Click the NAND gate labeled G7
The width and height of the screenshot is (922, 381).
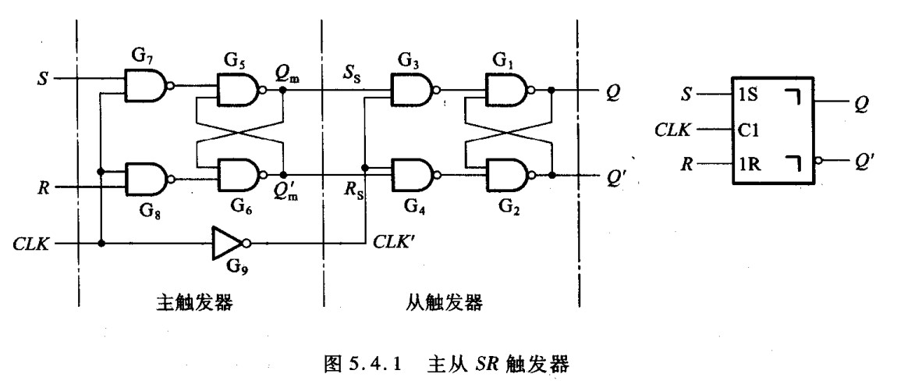pos(147,85)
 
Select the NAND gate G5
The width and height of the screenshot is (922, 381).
pos(240,91)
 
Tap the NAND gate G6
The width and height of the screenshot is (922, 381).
pos(240,175)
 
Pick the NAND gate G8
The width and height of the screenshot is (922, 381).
pos(147,179)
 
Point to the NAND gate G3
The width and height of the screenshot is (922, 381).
pos(414,91)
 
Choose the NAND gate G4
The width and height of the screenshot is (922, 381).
pos(414,175)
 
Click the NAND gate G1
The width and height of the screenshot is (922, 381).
pos(508,91)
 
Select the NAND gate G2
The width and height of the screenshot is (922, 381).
pos(508,175)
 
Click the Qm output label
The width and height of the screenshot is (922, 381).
pos(287,73)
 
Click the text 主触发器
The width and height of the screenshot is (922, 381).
pos(195,302)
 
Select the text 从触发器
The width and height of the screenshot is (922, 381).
pos(445,302)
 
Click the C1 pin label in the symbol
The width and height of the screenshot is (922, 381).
pos(748,130)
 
